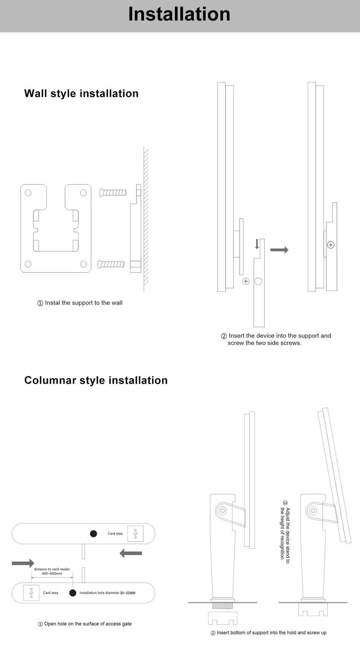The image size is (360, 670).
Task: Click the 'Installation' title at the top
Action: [179, 14]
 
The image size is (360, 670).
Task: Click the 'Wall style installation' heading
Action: [81, 93]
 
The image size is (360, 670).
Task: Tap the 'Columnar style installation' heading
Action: [96, 380]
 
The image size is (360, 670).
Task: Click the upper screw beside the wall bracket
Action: [113, 193]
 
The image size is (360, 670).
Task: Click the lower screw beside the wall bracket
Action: [111, 264]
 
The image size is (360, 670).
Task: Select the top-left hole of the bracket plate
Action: [28, 193]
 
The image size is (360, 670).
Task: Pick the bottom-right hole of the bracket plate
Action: [83, 264]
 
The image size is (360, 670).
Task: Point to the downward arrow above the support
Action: [257, 244]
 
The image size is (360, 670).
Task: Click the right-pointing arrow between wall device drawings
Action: [280, 250]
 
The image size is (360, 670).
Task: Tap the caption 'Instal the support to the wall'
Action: [80, 303]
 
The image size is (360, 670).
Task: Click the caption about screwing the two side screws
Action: [276, 339]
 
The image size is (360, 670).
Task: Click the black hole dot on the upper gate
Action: [93, 533]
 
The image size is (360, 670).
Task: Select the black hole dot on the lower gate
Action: [73, 593]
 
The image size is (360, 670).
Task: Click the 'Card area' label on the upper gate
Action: [115, 533]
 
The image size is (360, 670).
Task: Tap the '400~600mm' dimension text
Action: [52, 574]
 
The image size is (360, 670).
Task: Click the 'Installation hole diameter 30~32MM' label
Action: [107, 593]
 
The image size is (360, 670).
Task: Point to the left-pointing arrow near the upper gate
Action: [131, 553]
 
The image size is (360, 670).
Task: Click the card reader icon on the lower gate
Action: [31, 593]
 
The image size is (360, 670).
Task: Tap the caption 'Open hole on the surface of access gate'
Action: [85, 624]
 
